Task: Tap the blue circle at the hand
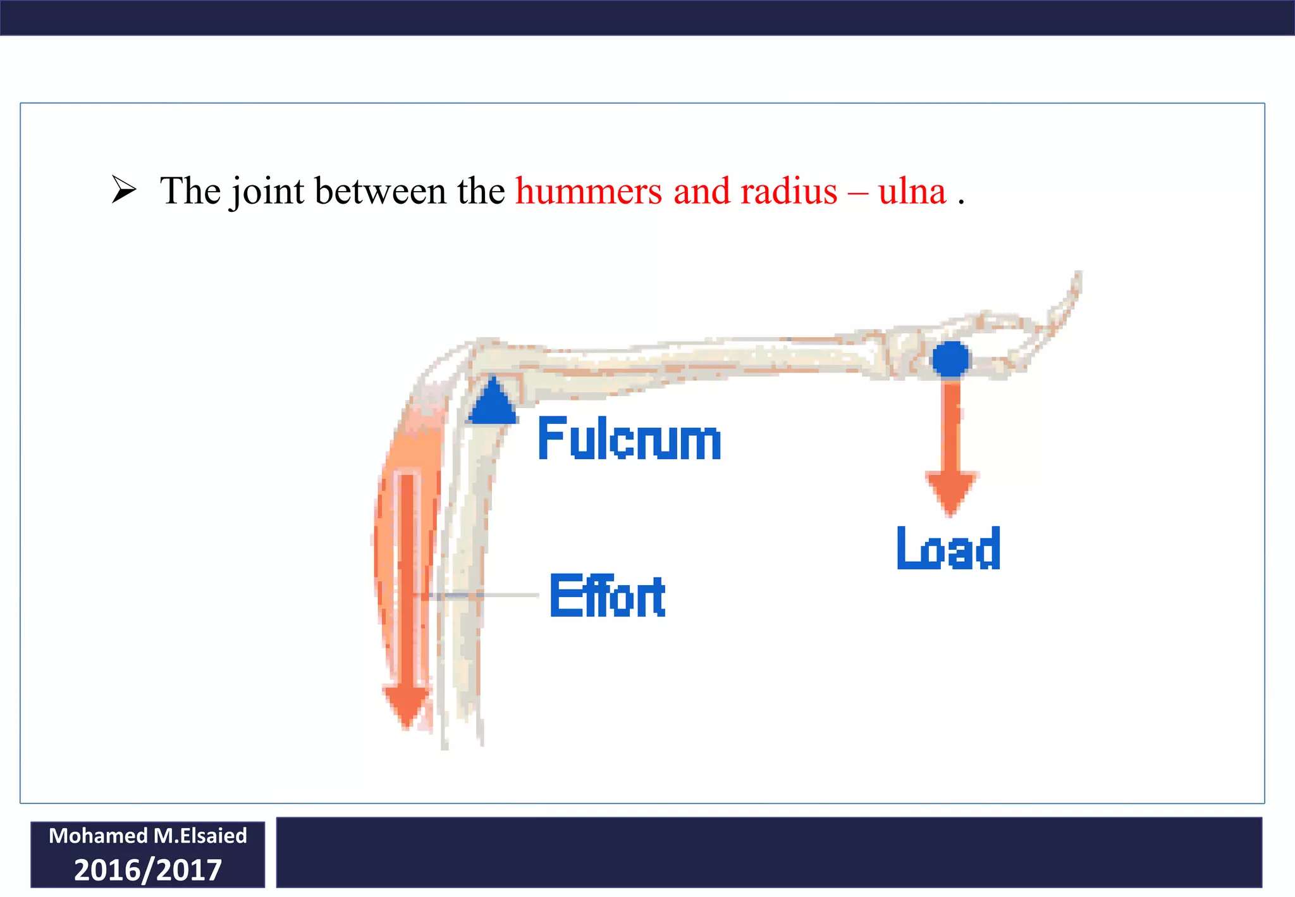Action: click(x=950, y=359)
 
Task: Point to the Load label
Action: click(x=948, y=548)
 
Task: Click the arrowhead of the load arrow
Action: click(x=951, y=493)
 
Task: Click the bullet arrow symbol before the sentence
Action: click(x=124, y=190)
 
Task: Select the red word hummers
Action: click(x=589, y=191)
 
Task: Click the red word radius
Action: click(x=789, y=191)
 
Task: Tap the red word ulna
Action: click(x=911, y=191)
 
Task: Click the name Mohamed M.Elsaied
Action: click(x=148, y=836)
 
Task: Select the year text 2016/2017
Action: click(x=148, y=870)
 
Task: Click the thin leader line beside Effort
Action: click(x=506, y=595)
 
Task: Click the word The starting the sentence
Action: click(x=189, y=191)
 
